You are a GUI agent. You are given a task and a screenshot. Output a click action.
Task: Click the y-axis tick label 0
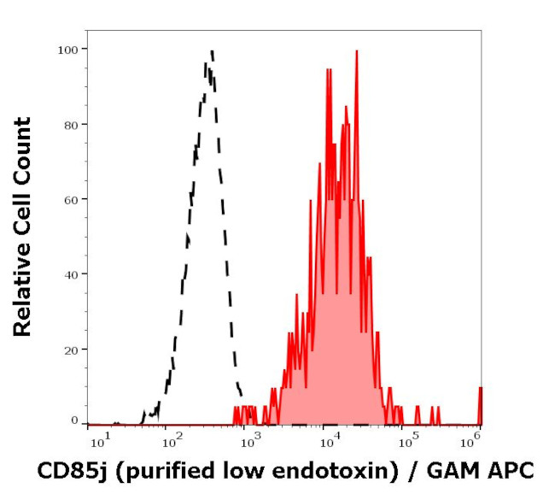point(74,420)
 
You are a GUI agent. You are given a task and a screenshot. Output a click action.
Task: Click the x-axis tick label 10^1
point(100,439)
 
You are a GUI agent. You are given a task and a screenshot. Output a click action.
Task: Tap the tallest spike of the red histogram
point(357,51)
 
